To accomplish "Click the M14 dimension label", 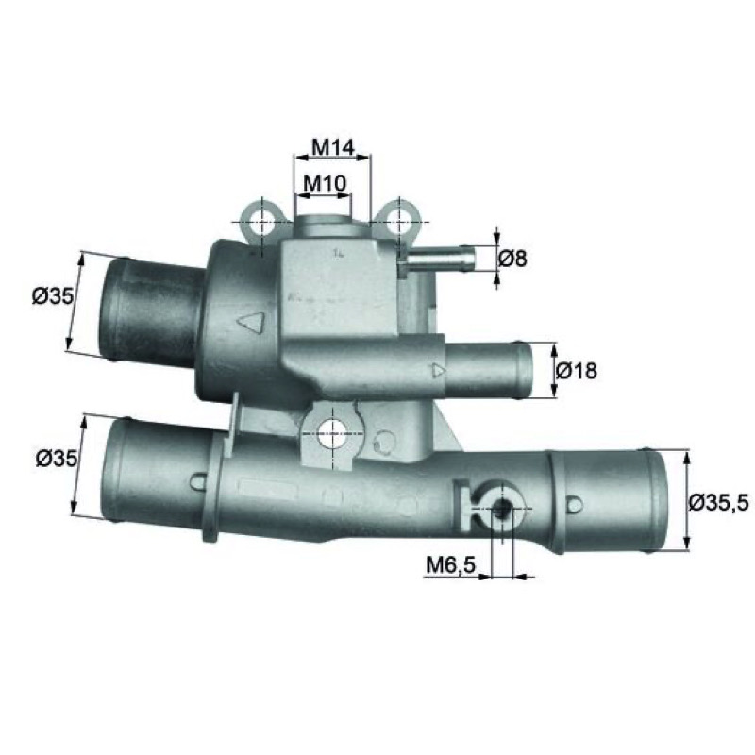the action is coord(333,147).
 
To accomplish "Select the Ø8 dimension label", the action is coord(512,259).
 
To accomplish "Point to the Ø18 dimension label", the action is coord(577,371).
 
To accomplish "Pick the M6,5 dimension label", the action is coord(450,564).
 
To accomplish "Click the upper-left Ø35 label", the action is coord(53,296).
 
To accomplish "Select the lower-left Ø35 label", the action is coord(57,459).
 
